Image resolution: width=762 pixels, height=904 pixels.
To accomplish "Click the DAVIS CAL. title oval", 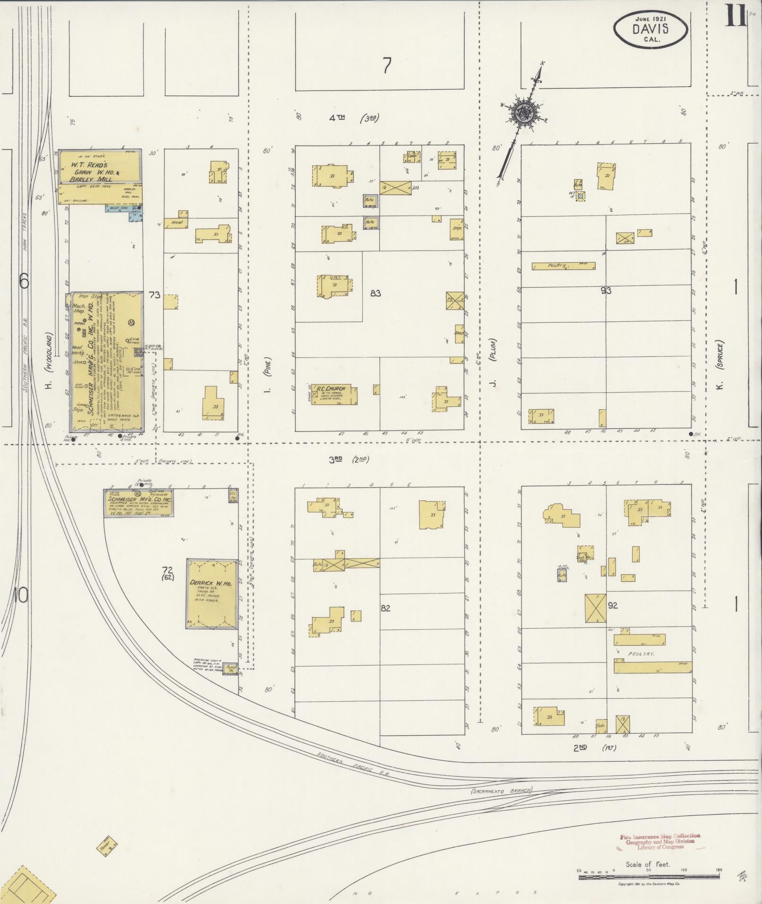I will click(x=651, y=29).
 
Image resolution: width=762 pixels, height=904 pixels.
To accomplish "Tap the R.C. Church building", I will click(x=334, y=395).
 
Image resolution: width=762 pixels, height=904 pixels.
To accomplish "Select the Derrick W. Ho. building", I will click(x=212, y=594).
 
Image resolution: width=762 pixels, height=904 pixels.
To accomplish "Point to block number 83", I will click(x=376, y=293).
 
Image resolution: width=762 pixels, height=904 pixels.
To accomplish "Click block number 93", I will click(x=606, y=291).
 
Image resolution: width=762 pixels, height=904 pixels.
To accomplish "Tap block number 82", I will click(x=386, y=608).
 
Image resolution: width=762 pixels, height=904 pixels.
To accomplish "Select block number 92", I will click(x=613, y=605).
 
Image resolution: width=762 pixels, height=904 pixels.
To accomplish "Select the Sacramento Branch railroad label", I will click(x=501, y=790).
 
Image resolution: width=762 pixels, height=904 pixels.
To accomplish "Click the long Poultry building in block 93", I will click(x=563, y=266).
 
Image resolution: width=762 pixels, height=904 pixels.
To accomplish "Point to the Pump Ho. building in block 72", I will click(x=230, y=668).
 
